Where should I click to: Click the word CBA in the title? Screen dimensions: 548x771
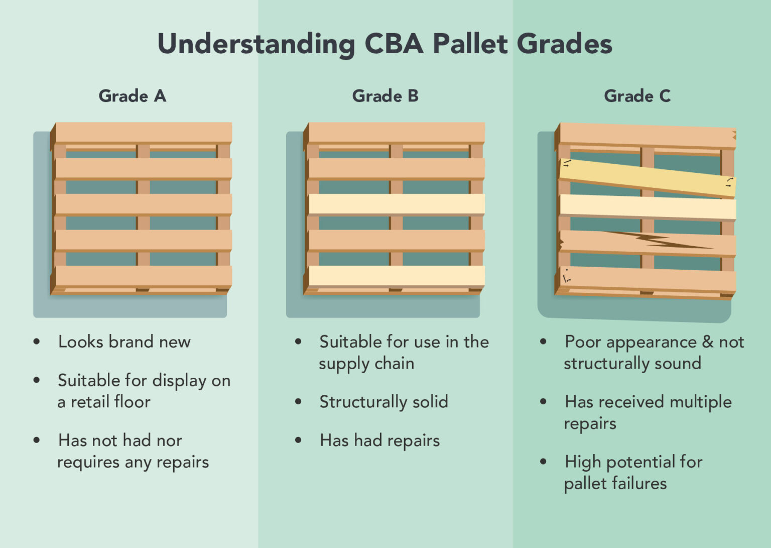click(x=394, y=44)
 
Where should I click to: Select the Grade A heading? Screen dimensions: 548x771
click(x=132, y=95)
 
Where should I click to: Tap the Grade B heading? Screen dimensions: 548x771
click(x=385, y=95)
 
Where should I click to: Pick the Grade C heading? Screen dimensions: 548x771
click(x=637, y=95)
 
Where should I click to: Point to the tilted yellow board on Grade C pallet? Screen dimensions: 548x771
click(x=648, y=178)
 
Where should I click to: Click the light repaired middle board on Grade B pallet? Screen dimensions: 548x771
click(x=397, y=204)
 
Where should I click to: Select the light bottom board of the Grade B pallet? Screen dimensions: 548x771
click(x=397, y=275)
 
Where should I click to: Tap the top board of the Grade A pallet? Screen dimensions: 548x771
click(x=144, y=133)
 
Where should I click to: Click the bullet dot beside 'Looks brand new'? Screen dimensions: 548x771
click(x=37, y=342)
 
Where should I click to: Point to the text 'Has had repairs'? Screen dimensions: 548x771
click(x=379, y=441)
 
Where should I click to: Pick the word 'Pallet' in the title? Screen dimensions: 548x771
click(x=470, y=44)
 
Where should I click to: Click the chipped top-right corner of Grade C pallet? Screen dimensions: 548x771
click(x=733, y=135)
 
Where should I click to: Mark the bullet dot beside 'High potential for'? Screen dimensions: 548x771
click(x=543, y=462)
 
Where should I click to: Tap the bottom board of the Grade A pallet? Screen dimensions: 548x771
click(x=144, y=276)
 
